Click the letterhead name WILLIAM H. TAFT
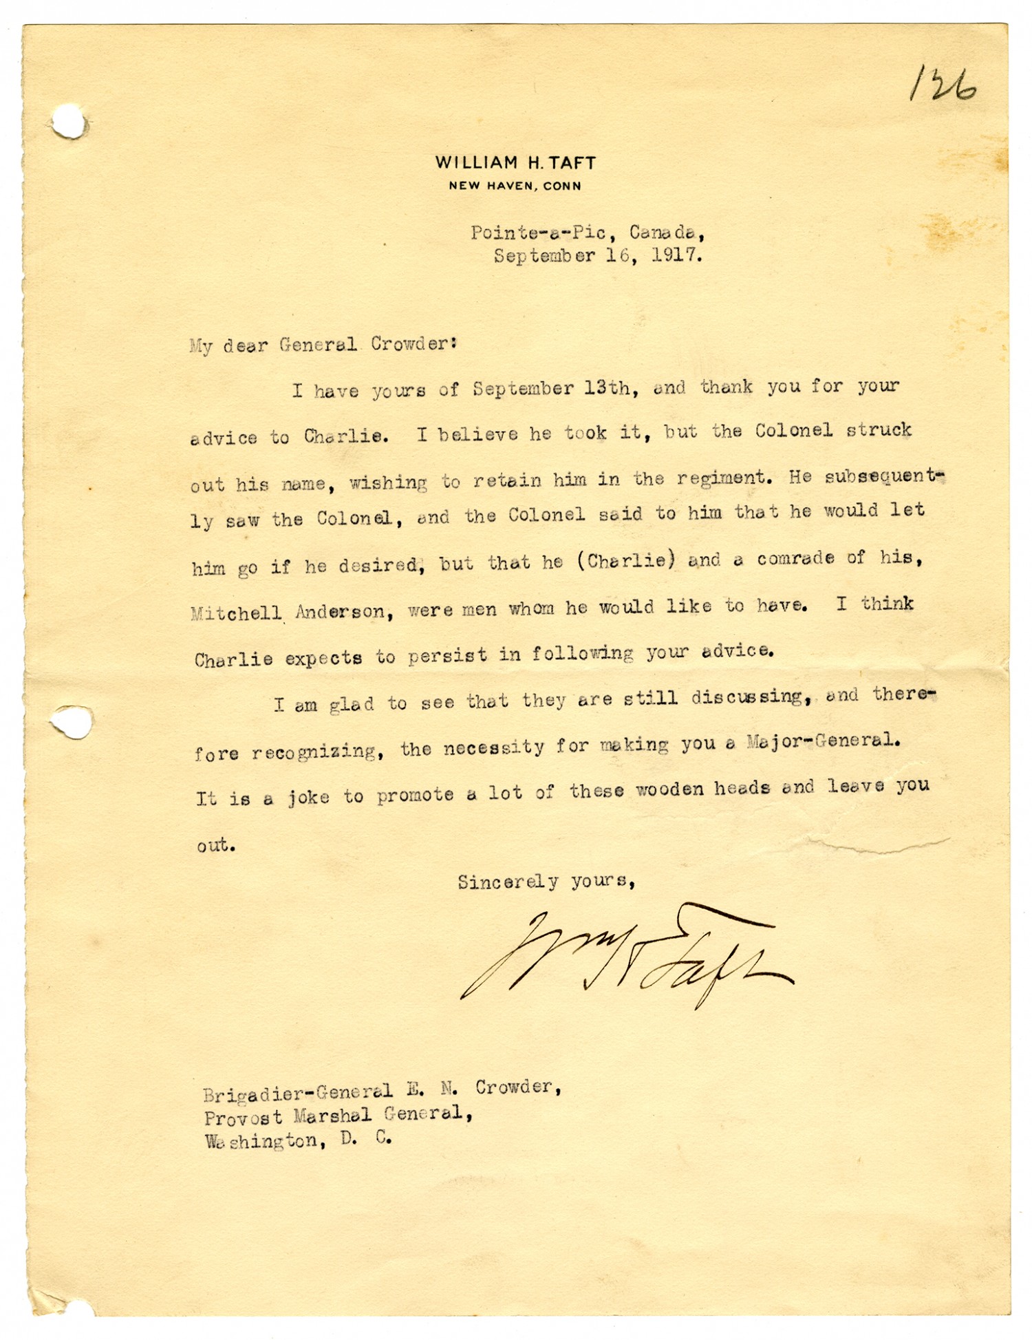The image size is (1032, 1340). click(515, 163)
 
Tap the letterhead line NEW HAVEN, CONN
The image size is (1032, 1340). click(515, 186)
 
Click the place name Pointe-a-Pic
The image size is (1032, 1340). click(539, 233)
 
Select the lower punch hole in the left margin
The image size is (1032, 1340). click(73, 722)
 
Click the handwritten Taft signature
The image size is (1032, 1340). click(626, 957)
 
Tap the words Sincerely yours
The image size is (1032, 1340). click(546, 882)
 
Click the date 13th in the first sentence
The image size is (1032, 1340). click(607, 388)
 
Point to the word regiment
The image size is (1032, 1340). click(722, 478)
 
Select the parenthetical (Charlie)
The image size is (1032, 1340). click(626, 561)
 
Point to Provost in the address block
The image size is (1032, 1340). click(242, 1117)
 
